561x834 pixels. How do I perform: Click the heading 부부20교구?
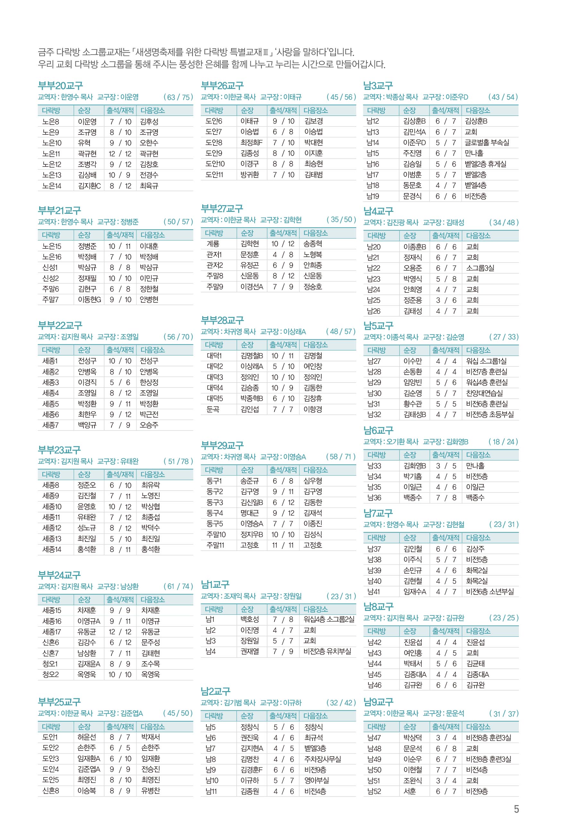(60, 85)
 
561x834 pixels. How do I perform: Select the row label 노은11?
(51, 153)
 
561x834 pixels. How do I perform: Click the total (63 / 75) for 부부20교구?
(178, 97)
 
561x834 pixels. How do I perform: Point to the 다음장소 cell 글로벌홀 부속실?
(487, 143)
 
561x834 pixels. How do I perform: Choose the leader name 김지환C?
(89, 186)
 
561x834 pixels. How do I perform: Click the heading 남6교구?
(378, 430)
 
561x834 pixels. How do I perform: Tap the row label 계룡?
(212, 244)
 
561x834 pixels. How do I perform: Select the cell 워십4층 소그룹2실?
(329, 619)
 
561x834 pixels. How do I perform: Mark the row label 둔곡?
(212, 409)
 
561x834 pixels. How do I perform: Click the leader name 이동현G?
(89, 300)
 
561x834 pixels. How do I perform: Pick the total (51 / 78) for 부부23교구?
(178, 461)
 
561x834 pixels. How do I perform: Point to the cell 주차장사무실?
(322, 759)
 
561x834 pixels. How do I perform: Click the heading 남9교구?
(378, 702)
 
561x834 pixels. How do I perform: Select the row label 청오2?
(50, 674)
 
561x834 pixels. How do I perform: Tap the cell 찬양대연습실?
(484, 393)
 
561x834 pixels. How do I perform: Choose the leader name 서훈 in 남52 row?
(410, 791)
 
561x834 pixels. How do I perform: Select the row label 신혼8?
(50, 791)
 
